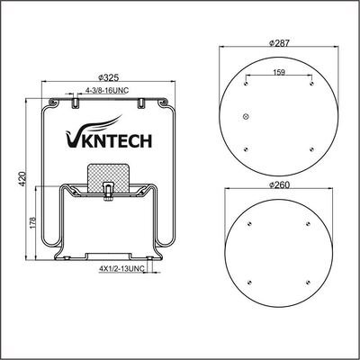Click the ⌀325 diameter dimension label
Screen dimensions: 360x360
click(x=109, y=77)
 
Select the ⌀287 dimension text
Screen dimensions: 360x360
click(x=279, y=43)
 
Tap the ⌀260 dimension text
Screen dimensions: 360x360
click(x=279, y=185)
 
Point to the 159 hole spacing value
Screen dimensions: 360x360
click(x=279, y=72)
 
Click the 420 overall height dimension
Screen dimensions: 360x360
click(x=22, y=179)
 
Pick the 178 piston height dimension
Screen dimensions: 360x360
click(x=33, y=222)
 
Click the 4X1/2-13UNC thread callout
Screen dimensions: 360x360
click(x=121, y=269)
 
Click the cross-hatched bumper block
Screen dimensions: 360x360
click(x=109, y=177)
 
